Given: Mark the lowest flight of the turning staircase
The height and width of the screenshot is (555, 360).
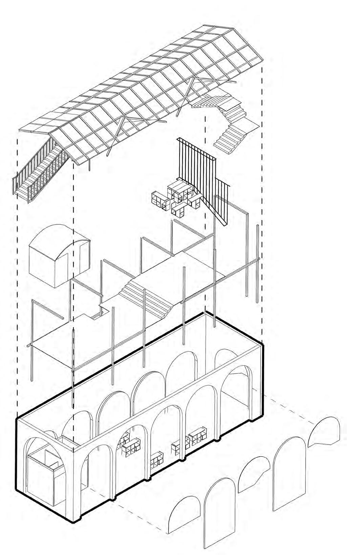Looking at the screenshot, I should coord(229,139).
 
